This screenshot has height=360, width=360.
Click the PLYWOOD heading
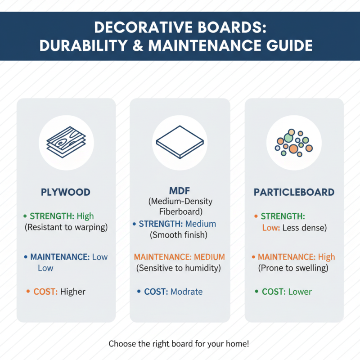(x=66, y=192)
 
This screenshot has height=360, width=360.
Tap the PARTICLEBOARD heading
(x=294, y=192)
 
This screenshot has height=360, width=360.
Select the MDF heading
(x=180, y=191)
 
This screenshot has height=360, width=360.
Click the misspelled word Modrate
(x=186, y=292)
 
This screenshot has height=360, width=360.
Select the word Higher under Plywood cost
(x=72, y=292)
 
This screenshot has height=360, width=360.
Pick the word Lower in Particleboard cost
(x=300, y=292)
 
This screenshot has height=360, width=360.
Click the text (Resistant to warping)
(x=66, y=227)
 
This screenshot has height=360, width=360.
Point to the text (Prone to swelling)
(x=293, y=268)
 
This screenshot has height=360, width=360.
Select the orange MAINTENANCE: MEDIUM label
(x=179, y=257)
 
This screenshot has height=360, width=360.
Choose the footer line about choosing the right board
(x=179, y=344)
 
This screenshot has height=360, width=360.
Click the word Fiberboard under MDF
(x=180, y=211)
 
